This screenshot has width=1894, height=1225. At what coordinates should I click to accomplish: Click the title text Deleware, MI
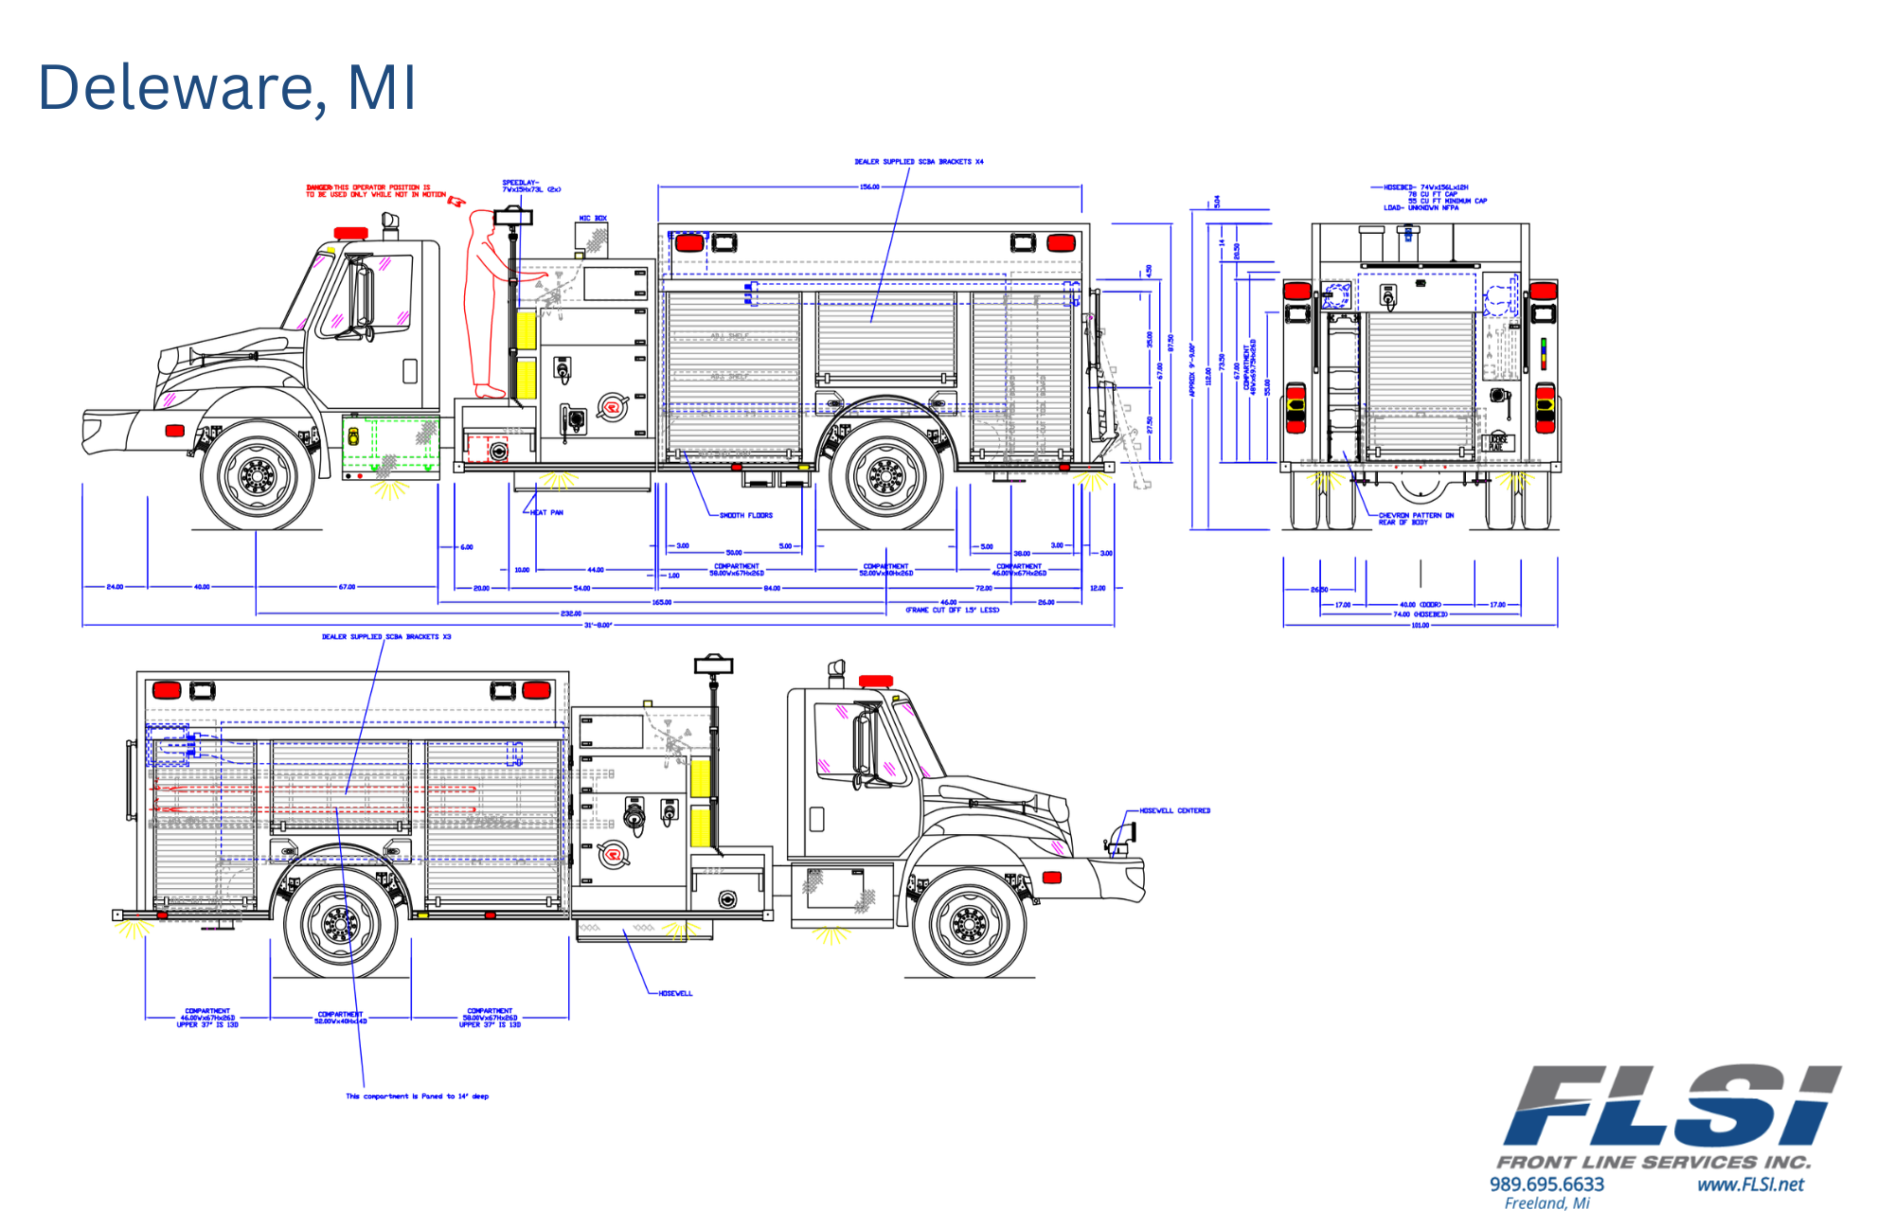(x=227, y=88)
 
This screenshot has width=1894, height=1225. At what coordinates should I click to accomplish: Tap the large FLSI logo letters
(x=1671, y=1105)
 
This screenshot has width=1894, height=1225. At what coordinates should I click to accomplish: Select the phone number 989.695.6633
(x=1546, y=1184)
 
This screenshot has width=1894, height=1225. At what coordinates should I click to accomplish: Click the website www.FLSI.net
(x=1750, y=1184)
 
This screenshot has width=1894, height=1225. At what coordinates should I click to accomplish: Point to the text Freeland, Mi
(x=1546, y=1203)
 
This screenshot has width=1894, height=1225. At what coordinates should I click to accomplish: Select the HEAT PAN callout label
(x=546, y=512)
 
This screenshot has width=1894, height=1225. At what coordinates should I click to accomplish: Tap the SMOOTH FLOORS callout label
(x=745, y=516)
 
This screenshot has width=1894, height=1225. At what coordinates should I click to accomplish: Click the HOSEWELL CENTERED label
(x=1174, y=811)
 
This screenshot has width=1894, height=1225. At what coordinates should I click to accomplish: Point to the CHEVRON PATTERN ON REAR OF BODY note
(x=1415, y=519)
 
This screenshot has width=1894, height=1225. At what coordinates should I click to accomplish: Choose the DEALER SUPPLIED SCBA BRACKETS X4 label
(x=919, y=162)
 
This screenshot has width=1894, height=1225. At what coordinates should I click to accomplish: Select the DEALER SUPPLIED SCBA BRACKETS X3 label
(x=386, y=637)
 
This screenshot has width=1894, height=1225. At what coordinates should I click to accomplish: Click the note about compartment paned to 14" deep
(x=417, y=1096)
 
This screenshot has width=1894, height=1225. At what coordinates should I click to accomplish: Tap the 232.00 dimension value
(x=570, y=613)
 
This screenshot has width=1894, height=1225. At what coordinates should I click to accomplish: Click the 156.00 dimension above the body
(x=868, y=187)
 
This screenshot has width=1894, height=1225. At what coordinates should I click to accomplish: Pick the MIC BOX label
(x=593, y=219)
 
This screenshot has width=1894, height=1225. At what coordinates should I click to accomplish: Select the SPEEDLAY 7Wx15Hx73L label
(x=530, y=186)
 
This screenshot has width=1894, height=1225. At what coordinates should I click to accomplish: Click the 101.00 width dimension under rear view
(x=1420, y=626)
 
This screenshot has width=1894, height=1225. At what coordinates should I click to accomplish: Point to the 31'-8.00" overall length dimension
(x=598, y=626)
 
